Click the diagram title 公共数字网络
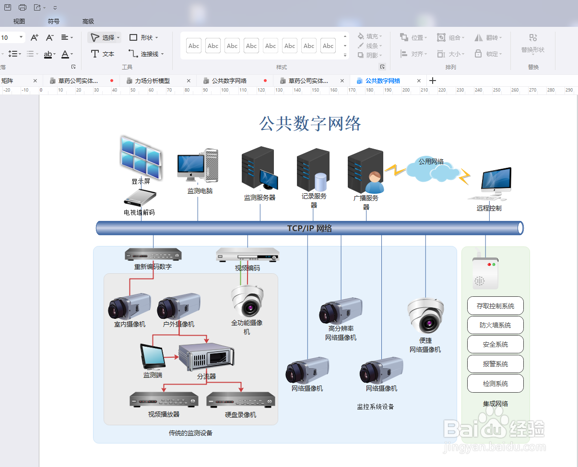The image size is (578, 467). pos(310,124)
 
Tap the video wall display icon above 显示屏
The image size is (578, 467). pos(141,157)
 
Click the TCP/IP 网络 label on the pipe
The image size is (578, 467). pos(309,228)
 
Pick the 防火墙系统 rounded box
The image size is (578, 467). pos(495,325)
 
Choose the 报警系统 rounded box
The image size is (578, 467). pos(495,364)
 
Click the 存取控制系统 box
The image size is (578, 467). pos(495,306)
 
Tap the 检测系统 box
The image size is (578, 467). pos(495,384)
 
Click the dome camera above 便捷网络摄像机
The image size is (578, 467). pos(425,315)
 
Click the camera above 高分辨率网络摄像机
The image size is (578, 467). pos(341,311)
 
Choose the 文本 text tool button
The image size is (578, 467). pos(103,54)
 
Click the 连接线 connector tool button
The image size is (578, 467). pos(146,54)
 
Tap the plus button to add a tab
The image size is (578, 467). pos(433,81)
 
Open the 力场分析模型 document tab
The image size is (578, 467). pos(153,81)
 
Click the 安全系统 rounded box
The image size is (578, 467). pos(495,345)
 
